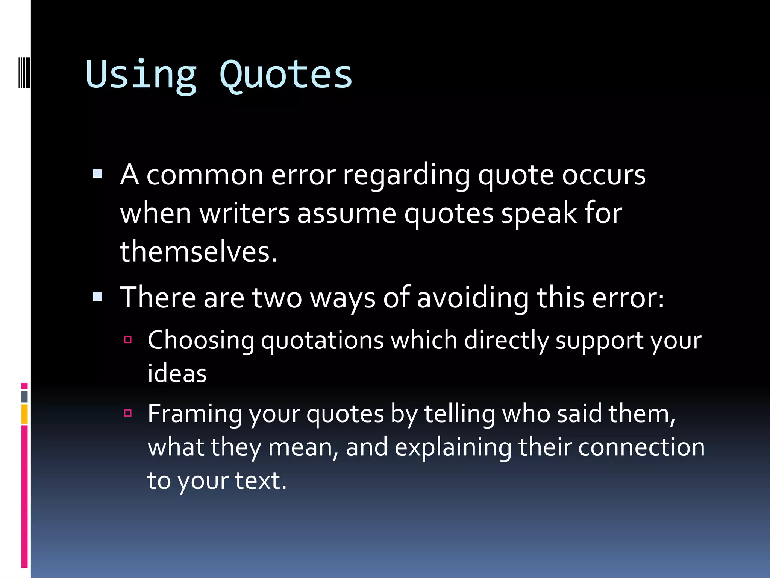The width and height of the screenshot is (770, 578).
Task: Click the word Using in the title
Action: coord(141,75)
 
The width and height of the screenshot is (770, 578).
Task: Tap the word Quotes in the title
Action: coord(286,75)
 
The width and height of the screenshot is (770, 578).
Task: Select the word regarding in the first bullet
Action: coord(406,175)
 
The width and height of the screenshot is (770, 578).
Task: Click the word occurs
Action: coord(604,175)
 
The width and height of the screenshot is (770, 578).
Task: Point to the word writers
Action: coord(244,214)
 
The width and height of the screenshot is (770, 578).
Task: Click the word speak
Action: coord(539,214)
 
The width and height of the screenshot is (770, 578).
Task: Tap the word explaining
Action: coord(453,448)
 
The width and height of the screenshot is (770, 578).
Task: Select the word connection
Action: coord(641,448)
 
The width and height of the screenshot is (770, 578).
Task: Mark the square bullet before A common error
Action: coord(97,173)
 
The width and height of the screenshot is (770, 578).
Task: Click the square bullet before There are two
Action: coord(97,296)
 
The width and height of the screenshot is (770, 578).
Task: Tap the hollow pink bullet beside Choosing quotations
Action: coord(128,340)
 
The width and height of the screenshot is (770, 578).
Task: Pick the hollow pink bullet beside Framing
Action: coord(128,413)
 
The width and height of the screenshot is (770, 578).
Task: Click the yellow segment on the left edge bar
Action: coord(24,414)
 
